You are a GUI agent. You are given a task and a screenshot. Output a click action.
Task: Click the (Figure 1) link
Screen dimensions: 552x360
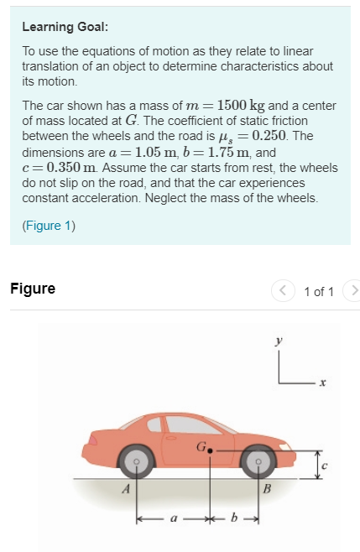[49, 225]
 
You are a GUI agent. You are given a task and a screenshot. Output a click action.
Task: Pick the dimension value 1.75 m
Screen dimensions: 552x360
[224, 153]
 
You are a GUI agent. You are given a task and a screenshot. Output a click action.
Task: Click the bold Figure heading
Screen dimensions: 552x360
[33, 289]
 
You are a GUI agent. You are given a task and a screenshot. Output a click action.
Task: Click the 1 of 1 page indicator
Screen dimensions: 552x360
[318, 291]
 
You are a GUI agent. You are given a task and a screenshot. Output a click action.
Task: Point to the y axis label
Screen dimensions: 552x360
[279, 342]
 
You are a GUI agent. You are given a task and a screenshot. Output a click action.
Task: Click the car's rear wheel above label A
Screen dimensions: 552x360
[133, 461]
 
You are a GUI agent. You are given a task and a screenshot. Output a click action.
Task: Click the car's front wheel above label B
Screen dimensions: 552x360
[258, 461]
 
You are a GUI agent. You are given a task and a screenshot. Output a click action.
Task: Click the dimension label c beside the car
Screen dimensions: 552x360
[326, 464]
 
